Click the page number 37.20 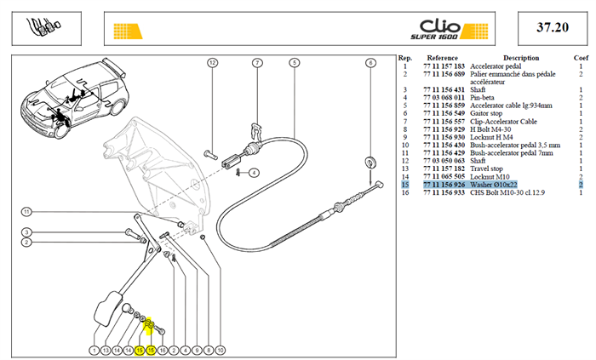[553, 27]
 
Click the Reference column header [442, 58]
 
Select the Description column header [521, 58]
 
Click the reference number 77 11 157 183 [444, 66]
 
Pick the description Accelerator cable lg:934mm [511, 106]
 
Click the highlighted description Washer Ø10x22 [493, 185]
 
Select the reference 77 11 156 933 [444, 192]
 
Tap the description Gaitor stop [486, 113]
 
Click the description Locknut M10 [490, 177]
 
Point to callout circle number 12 [212, 63]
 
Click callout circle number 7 [257, 63]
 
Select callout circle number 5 [295, 63]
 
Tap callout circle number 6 [370, 63]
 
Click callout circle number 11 [26, 212]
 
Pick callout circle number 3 [26, 232]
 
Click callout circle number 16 [163, 350]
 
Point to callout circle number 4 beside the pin [254, 173]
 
